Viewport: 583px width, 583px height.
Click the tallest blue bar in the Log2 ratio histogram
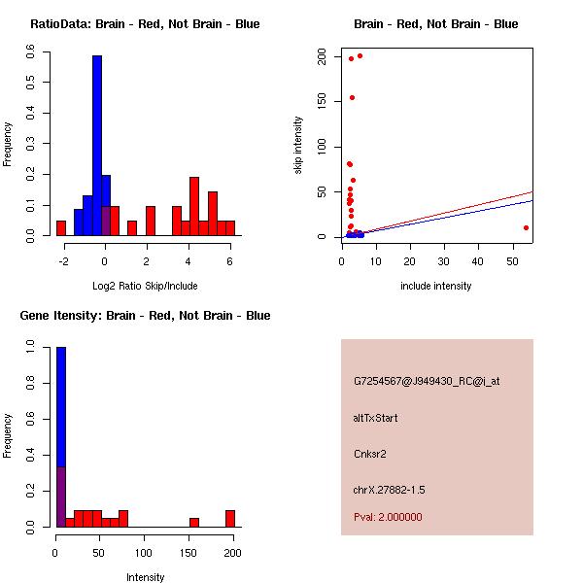(97, 146)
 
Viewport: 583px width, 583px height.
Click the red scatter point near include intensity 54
(526, 227)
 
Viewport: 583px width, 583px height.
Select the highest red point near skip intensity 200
(360, 55)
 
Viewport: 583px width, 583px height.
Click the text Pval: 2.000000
(388, 517)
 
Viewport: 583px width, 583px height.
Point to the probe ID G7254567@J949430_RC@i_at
(427, 382)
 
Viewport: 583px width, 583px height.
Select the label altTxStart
(376, 418)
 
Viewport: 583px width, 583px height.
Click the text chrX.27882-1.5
(390, 490)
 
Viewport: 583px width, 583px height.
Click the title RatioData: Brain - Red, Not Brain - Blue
(145, 24)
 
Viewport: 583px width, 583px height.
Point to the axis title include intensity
(435, 286)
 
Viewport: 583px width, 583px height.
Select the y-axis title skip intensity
(298, 145)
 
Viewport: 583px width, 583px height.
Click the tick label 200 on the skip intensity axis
(322, 57)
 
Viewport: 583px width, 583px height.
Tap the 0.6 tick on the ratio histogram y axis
(31, 54)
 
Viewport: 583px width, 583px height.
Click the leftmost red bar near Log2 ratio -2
(61, 228)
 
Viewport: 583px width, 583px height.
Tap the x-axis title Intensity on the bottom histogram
(146, 577)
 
